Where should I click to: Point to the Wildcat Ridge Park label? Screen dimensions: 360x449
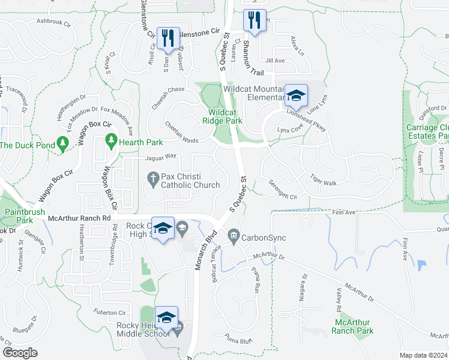click(225, 116)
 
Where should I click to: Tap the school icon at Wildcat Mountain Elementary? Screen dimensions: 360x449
click(295, 95)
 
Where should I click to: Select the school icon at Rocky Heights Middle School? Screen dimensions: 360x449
click(167, 317)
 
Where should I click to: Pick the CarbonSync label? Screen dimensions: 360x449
click(264, 238)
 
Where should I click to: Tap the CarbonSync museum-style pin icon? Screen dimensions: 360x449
click(234, 234)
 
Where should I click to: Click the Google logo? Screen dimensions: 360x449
click(19, 352)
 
